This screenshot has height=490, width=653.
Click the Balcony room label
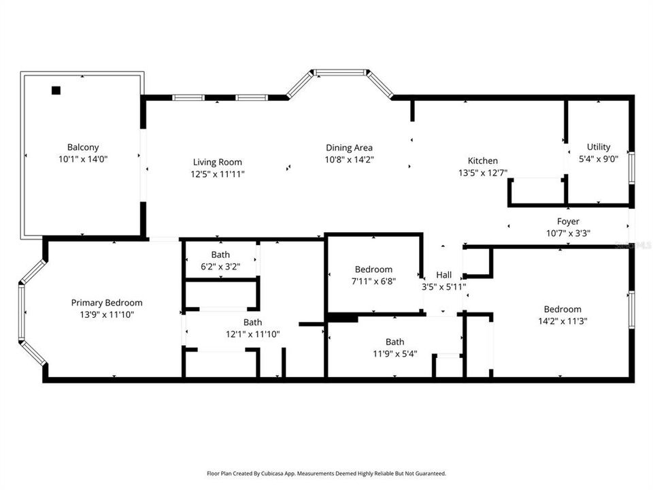(83, 147)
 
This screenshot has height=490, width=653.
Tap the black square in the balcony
(56, 91)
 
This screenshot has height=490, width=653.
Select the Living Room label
(218, 162)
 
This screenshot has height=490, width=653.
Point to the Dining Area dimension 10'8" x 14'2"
(349, 159)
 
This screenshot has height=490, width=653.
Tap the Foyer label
(568, 221)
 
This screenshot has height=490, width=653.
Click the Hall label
(444, 275)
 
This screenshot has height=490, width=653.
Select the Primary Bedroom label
(107, 303)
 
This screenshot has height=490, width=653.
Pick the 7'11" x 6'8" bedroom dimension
(373, 280)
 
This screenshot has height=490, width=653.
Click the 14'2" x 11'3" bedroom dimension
(563, 321)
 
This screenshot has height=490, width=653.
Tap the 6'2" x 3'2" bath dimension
(220, 267)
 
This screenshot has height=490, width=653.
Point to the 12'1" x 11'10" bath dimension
(253, 334)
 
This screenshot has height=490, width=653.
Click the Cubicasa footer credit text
(326, 473)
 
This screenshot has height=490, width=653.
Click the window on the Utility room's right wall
(631, 167)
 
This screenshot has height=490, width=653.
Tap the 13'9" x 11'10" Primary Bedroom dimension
(107, 314)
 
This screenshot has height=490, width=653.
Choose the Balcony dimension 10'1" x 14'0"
(83, 159)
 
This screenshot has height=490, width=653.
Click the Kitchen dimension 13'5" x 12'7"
(482, 173)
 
